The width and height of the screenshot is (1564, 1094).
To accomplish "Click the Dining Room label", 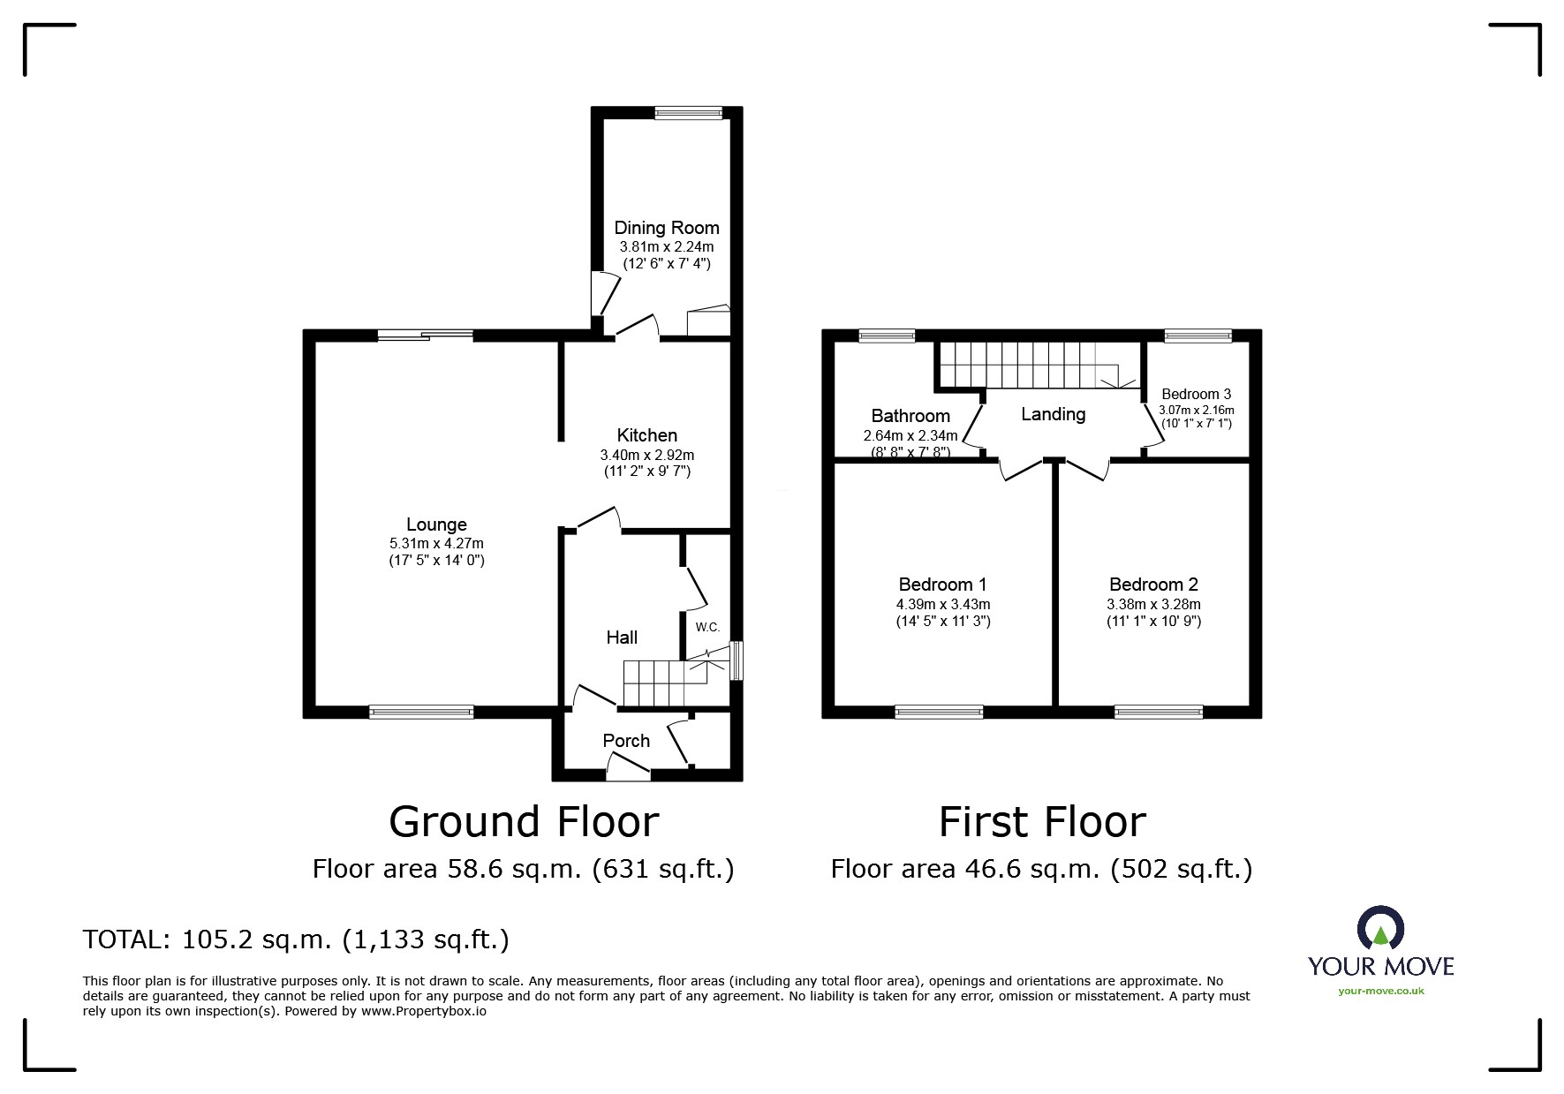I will (x=667, y=228).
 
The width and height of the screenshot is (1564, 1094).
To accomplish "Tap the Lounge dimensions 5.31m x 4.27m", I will (x=436, y=544).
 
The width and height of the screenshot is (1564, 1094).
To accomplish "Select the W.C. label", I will (x=707, y=628).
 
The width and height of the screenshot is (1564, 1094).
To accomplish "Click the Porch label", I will (x=626, y=741).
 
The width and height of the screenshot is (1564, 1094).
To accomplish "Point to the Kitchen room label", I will (x=646, y=435).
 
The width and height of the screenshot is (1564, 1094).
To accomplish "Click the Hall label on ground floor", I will (x=622, y=638).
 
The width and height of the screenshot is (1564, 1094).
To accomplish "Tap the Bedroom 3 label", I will (x=1196, y=395).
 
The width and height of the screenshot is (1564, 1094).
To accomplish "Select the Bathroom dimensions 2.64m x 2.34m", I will (x=910, y=435).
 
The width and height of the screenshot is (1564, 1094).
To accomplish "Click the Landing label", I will (x=1053, y=414).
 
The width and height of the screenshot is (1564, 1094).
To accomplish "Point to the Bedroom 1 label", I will (x=942, y=585).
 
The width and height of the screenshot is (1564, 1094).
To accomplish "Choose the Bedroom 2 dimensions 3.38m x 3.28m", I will (x=1153, y=605).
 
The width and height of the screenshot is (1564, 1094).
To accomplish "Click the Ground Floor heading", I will (x=524, y=822).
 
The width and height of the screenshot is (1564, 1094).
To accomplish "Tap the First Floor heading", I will (x=1041, y=822).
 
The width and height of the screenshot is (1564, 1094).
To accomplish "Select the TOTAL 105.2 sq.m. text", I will (x=296, y=939).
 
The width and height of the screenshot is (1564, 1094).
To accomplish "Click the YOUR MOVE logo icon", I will (x=1380, y=928).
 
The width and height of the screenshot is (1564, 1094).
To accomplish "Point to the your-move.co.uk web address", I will (x=1380, y=991).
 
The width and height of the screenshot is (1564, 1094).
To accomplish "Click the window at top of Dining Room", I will (x=689, y=112).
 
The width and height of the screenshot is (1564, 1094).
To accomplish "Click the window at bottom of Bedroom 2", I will (x=1159, y=712).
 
